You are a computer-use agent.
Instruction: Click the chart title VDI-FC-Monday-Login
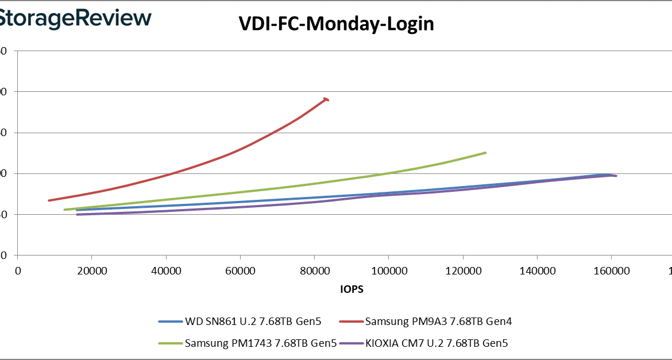point(336,24)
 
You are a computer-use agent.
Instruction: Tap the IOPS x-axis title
point(352,290)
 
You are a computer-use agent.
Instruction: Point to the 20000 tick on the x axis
point(92,271)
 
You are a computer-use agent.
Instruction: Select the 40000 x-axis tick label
point(166,271)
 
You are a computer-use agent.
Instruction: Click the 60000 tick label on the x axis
point(240,271)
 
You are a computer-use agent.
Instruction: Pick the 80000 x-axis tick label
point(314,271)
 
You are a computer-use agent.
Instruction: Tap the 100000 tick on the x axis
point(388,271)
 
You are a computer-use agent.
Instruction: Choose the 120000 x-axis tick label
point(462,271)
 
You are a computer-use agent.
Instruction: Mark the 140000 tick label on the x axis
point(536,271)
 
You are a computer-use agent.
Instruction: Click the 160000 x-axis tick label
point(611,271)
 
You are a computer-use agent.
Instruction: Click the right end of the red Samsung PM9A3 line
point(327,99)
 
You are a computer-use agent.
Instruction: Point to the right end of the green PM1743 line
point(485,153)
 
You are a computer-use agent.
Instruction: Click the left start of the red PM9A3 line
point(49,200)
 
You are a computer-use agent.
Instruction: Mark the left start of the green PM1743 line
point(65,210)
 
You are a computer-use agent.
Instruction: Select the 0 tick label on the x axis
point(18,271)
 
